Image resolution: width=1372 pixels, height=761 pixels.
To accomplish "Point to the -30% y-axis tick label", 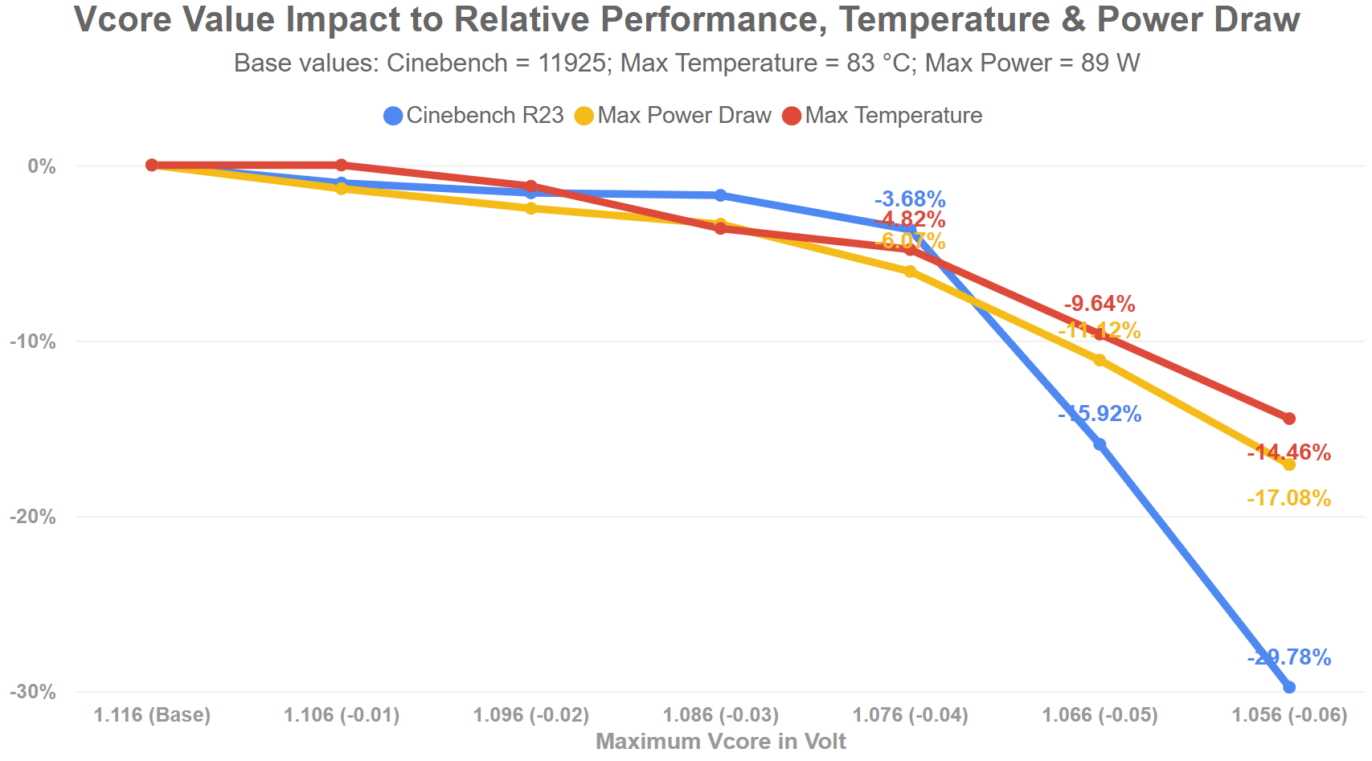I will point(33,692).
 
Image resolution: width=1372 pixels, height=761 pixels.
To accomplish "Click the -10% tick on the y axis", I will point(33,342).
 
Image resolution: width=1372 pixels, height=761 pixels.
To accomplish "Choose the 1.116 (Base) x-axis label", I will point(152,715).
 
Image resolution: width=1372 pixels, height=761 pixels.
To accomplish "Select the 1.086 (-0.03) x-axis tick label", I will point(720,715).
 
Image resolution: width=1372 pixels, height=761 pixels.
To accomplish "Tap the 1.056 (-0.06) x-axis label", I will point(1289,715).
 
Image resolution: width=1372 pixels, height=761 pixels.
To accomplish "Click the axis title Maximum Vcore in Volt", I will point(720,742).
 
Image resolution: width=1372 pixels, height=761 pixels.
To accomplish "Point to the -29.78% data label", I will point(1289,657).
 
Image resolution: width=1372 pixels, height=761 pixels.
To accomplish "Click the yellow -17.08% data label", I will point(1289,498).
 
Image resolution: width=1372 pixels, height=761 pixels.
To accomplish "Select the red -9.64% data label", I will point(1100,304).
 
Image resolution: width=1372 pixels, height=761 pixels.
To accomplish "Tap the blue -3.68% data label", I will point(910,199).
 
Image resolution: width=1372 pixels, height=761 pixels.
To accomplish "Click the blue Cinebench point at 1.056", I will point(1289,687).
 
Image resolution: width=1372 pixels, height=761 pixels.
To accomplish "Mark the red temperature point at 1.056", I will point(1289,419).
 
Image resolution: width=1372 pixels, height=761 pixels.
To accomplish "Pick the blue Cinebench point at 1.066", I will point(1100,444).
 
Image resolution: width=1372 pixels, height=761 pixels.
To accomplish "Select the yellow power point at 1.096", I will point(530,208).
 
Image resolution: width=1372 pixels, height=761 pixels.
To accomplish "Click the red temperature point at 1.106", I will point(341,165).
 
